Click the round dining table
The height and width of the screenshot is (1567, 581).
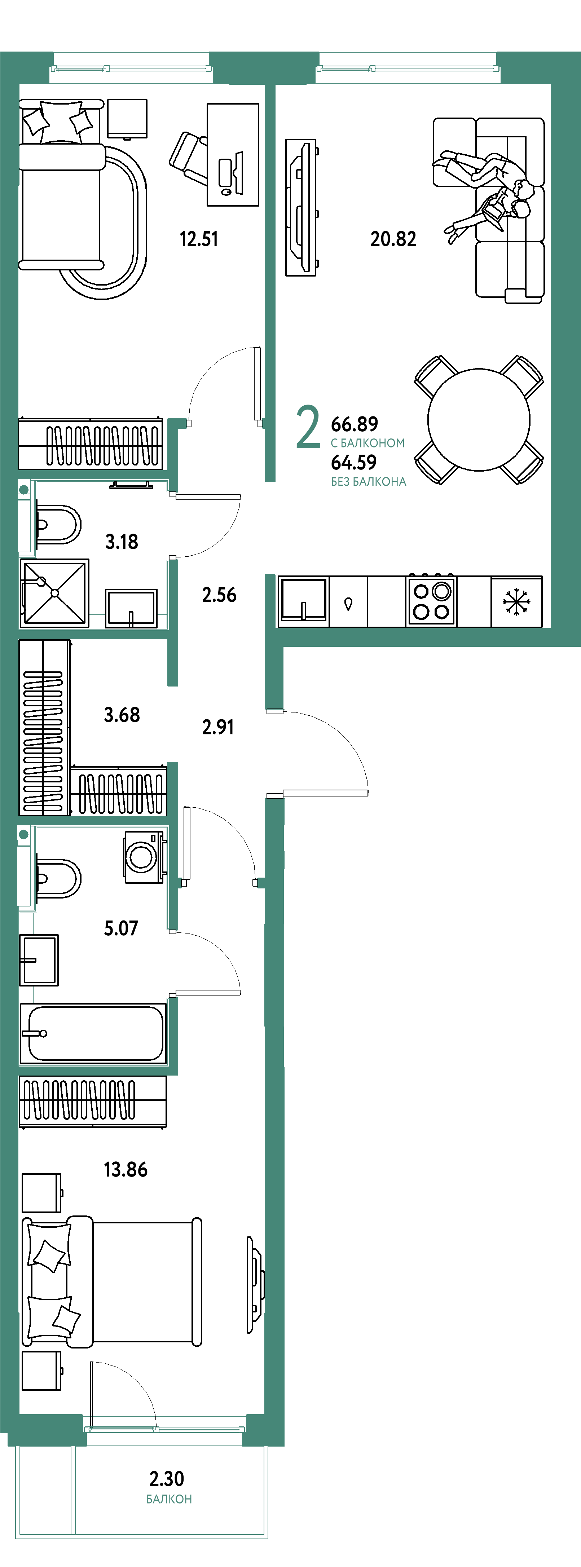click(479, 420)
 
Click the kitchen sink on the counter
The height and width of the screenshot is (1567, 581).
click(303, 600)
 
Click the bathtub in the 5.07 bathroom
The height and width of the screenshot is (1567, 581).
click(93, 1033)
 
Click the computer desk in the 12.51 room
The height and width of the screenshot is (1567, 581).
click(233, 155)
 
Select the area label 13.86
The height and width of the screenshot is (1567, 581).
click(126, 1169)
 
